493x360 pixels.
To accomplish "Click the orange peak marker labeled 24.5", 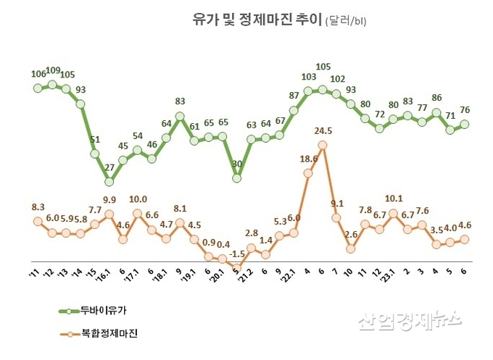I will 322,145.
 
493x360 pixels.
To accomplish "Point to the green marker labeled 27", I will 109,181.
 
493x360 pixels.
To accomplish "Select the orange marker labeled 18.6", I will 307,173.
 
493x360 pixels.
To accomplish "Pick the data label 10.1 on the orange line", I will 392,198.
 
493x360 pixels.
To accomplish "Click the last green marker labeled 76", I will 465,124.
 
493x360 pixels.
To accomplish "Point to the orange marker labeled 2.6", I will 350,248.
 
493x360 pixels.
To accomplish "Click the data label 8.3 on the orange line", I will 38,206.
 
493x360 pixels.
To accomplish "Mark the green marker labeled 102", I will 336,94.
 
